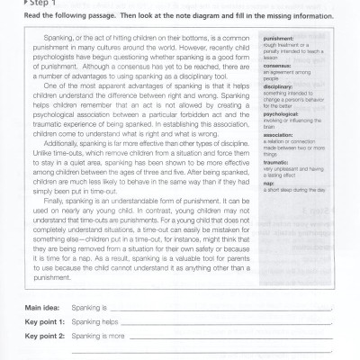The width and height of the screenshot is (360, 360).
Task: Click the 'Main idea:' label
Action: tap(40, 308)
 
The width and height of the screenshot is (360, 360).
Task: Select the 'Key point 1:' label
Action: tap(42, 321)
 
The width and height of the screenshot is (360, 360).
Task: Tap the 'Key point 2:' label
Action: tap(42, 335)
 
